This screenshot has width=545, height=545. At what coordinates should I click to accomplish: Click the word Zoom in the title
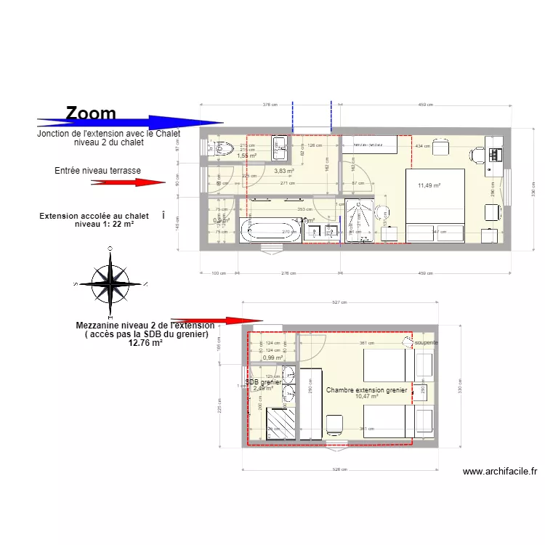click(x=91, y=113)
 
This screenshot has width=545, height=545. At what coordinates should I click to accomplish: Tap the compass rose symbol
click(x=110, y=282)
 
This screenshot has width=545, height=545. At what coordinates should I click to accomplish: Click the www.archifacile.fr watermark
click(x=500, y=472)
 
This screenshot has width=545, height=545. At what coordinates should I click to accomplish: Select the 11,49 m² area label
click(x=430, y=185)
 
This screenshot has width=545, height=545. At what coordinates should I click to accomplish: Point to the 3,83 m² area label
click(x=283, y=171)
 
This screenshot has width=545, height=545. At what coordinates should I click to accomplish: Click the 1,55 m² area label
click(x=247, y=156)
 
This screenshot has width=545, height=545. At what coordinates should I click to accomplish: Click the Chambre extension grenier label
click(x=366, y=390)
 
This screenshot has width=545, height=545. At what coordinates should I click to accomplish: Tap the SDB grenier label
click(x=263, y=382)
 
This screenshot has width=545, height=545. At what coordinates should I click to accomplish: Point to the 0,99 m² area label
click(x=272, y=358)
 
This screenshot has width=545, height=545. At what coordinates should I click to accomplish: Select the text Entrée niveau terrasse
click(x=97, y=171)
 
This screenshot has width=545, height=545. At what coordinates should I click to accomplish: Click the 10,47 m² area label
click(x=366, y=397)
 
